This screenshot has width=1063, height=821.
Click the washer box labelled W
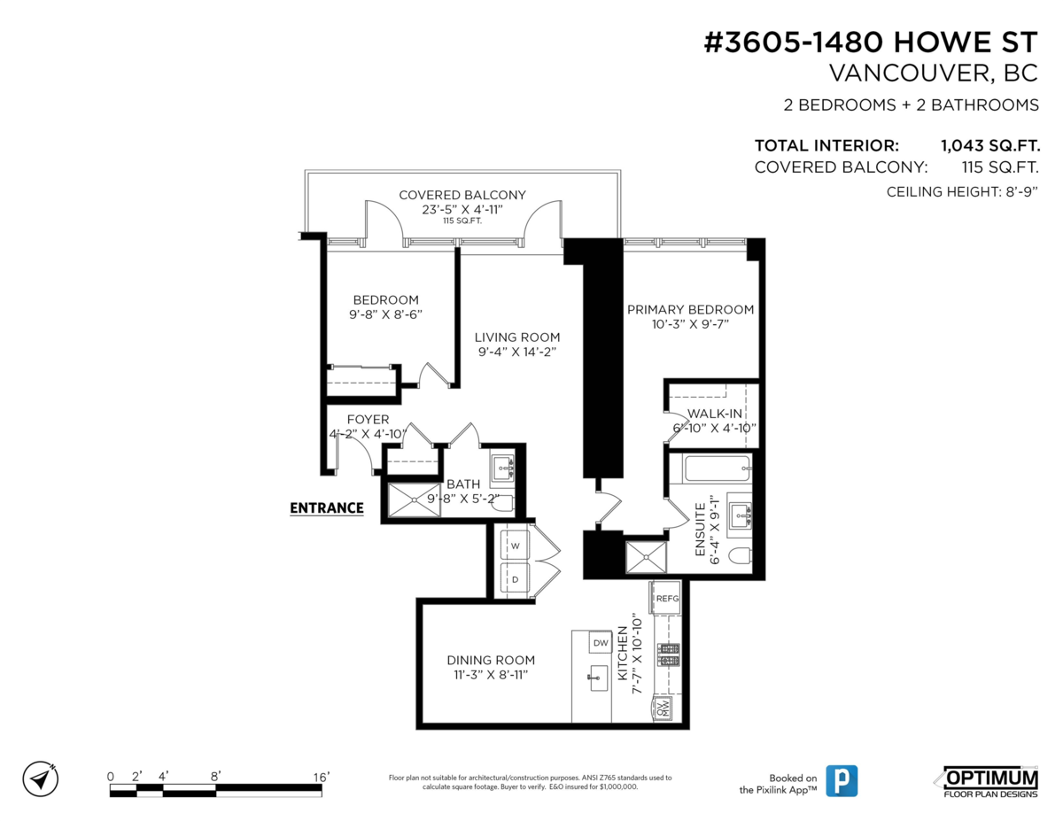(514, 546)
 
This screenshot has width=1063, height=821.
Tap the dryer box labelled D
(514, 579)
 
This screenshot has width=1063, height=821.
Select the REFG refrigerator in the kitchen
(667, 599)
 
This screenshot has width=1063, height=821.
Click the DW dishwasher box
(601, 643)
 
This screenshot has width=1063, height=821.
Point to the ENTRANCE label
(327, 508)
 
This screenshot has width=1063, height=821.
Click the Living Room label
(516, 337)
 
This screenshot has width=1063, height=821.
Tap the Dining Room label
(490, 660)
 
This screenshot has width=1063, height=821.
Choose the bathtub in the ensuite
(710, 468)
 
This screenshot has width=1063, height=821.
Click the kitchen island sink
(594, 678)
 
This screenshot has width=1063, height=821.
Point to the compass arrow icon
(40, 778)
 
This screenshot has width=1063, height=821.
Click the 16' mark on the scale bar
(321, 777)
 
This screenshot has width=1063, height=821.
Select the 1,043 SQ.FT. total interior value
(989, 145)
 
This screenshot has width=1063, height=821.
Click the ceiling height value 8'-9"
(1019, 192)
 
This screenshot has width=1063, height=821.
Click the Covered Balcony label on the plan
(462, 195)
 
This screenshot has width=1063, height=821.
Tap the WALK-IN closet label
(715, 414)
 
